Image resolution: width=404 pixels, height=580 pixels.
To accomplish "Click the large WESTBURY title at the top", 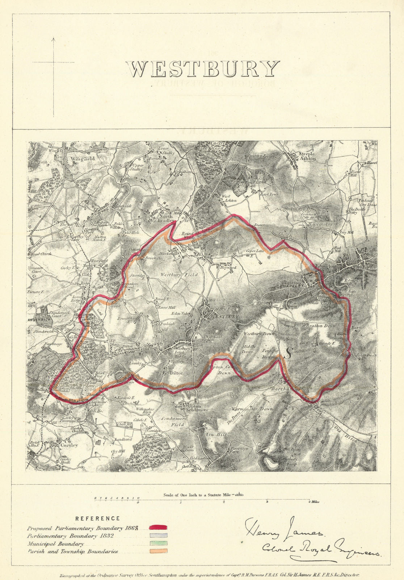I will point(203,69).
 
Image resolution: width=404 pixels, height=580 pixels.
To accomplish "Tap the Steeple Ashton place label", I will point(307,156).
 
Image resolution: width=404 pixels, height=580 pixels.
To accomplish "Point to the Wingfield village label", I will point(83,158).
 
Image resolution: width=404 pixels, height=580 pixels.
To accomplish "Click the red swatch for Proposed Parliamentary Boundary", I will point(158,527).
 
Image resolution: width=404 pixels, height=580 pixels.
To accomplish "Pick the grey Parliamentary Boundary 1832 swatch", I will point(158,535).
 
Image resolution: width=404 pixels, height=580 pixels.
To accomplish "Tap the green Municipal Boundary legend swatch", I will point(158,543).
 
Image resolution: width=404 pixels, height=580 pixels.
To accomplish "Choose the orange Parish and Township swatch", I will point(158,551).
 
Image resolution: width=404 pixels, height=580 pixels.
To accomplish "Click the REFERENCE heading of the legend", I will point(97,519).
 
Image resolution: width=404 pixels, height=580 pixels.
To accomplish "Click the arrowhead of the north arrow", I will point(54,39).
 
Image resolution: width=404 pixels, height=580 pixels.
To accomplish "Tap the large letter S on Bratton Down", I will point(289,353).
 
